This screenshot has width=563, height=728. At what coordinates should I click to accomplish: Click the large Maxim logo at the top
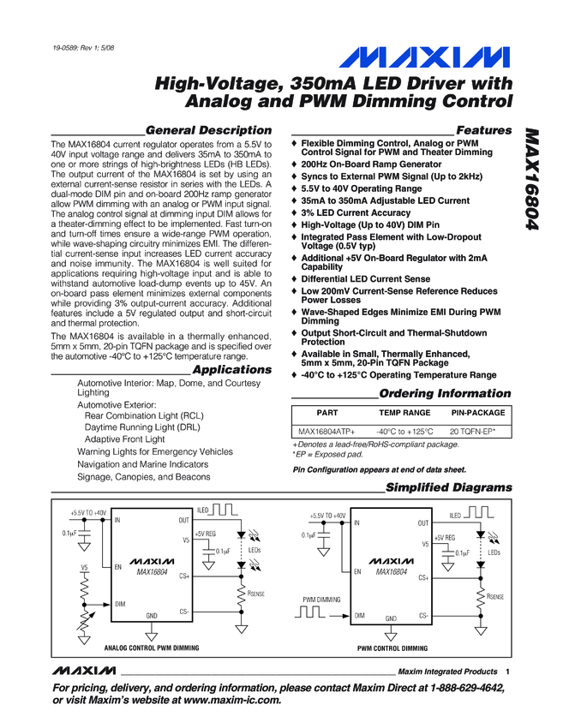pyautogui.click(x=422, y=57)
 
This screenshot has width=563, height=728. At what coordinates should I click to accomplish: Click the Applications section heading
pyautogui.click(x=231, y=370)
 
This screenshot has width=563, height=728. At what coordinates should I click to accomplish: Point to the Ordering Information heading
pyautogui.click(x=445, y=394)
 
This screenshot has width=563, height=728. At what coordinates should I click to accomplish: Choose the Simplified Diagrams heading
pyautogui.click(x=448, y=487)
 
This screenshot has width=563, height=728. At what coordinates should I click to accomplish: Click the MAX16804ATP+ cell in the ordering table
pyautogui.click(x=326, y=432)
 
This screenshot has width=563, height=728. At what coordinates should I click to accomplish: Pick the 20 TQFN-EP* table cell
pyautogui.click(x=479, y=432)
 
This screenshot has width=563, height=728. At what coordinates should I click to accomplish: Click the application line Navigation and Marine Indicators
pyautogui.click(x=142, y=464)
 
